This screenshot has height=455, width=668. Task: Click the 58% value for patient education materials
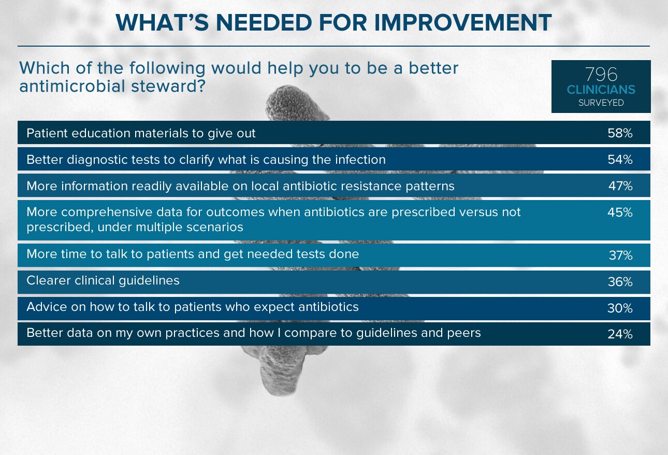click(620, 133)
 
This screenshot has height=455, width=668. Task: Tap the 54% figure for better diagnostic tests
click(620, 160)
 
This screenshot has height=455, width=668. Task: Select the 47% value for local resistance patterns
click(620, 186)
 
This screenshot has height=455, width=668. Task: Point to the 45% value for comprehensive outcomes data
click(620, 212)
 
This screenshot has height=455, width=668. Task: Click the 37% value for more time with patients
click(620, 255)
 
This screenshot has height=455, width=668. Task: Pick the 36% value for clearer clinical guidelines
click(620, 281)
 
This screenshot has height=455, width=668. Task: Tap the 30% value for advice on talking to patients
click(620, 308)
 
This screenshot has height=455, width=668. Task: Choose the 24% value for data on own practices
click(620, 334)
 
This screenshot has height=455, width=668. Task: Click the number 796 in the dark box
click(601, 74)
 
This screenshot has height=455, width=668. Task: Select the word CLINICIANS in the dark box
click(601, 90)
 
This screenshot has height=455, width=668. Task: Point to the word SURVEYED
click(601, 103)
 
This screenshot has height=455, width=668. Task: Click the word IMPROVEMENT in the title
click(463, 22)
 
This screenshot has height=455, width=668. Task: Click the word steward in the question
click(168, 86)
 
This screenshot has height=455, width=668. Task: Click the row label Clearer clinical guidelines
click(103, 281)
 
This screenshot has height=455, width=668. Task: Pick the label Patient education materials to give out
click(141, 133)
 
